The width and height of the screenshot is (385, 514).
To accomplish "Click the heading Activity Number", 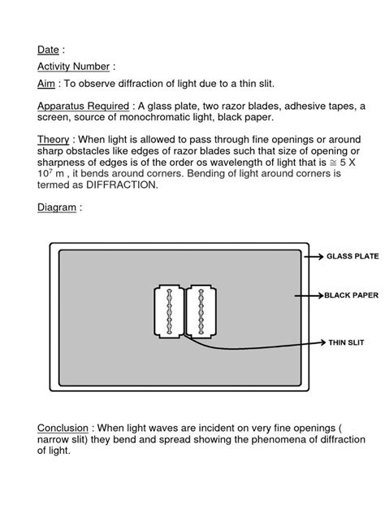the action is click(x=72, y=66).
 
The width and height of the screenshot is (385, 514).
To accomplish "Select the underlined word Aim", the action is click(x=46, y=84).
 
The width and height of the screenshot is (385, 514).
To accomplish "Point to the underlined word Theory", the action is click(x=54, y=139).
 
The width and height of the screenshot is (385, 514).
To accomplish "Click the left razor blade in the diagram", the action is click(x=168, y=311).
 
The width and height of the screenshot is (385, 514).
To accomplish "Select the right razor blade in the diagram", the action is click(x=199, y=311).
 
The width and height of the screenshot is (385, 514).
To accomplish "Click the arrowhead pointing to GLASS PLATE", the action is click(x=320, y=255).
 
